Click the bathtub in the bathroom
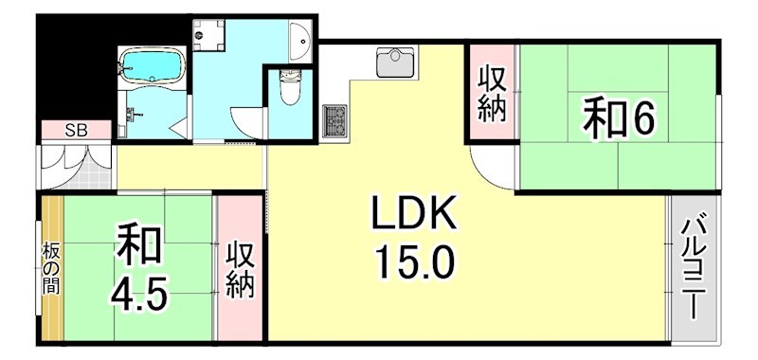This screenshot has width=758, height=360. coord(152,66)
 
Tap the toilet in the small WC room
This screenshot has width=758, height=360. coord(290,91)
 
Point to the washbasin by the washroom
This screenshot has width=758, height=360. coord(302,39)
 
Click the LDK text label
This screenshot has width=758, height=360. coord(414,216)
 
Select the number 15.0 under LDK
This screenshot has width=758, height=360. coord(414,260)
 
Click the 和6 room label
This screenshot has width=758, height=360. coord(619,119)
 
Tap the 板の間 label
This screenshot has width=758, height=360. coord(50,269)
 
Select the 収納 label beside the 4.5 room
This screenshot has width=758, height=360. coord(240,270)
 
